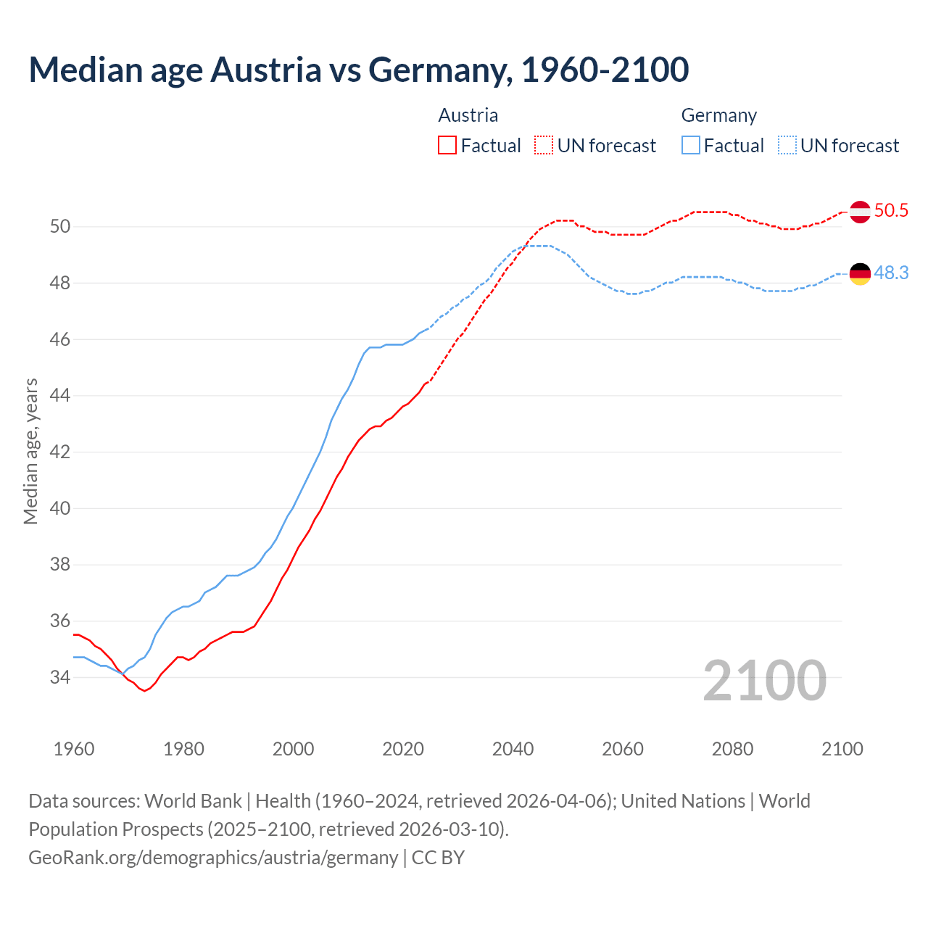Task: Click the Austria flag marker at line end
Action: click(x=860, y=212)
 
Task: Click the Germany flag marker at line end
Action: click(x=860, y=274)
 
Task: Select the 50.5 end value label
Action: click(x=891, y=211)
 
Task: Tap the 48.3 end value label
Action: click(x=891, y=273)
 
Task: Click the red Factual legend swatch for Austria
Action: click(x=447, y=146)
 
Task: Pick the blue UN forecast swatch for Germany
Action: click(x=787, y=146)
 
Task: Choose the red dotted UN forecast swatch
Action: click(x=544, y=146)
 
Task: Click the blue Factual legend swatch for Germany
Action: click(x=691, y=146)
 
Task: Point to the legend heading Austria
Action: click(x=468, y=115)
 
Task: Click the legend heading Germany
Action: click(x=718, y=115)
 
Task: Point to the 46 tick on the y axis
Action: click(x=60, y=339)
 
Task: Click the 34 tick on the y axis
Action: click(x=60, y=678)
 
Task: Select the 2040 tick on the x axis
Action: click(x=513, y=749)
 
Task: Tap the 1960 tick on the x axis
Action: click(x=74, y=749)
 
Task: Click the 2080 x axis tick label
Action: click(x=732, y=749)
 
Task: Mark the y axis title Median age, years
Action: click(x=30, y=451)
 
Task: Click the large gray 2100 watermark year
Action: click(x=764, y=681)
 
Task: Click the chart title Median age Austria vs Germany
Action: click(x=358, y=70)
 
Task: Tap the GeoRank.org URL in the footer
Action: click(x=213, y=858)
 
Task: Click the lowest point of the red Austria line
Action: click(x=144, y=691)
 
